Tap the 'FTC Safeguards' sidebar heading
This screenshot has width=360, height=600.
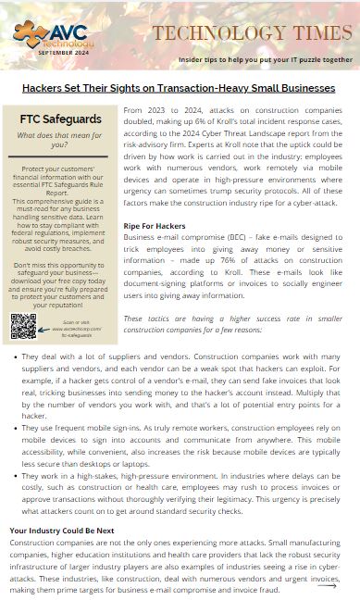coord(59,120)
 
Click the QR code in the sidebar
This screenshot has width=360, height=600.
coord(23,327)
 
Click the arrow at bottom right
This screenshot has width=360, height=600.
coord(327,584)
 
